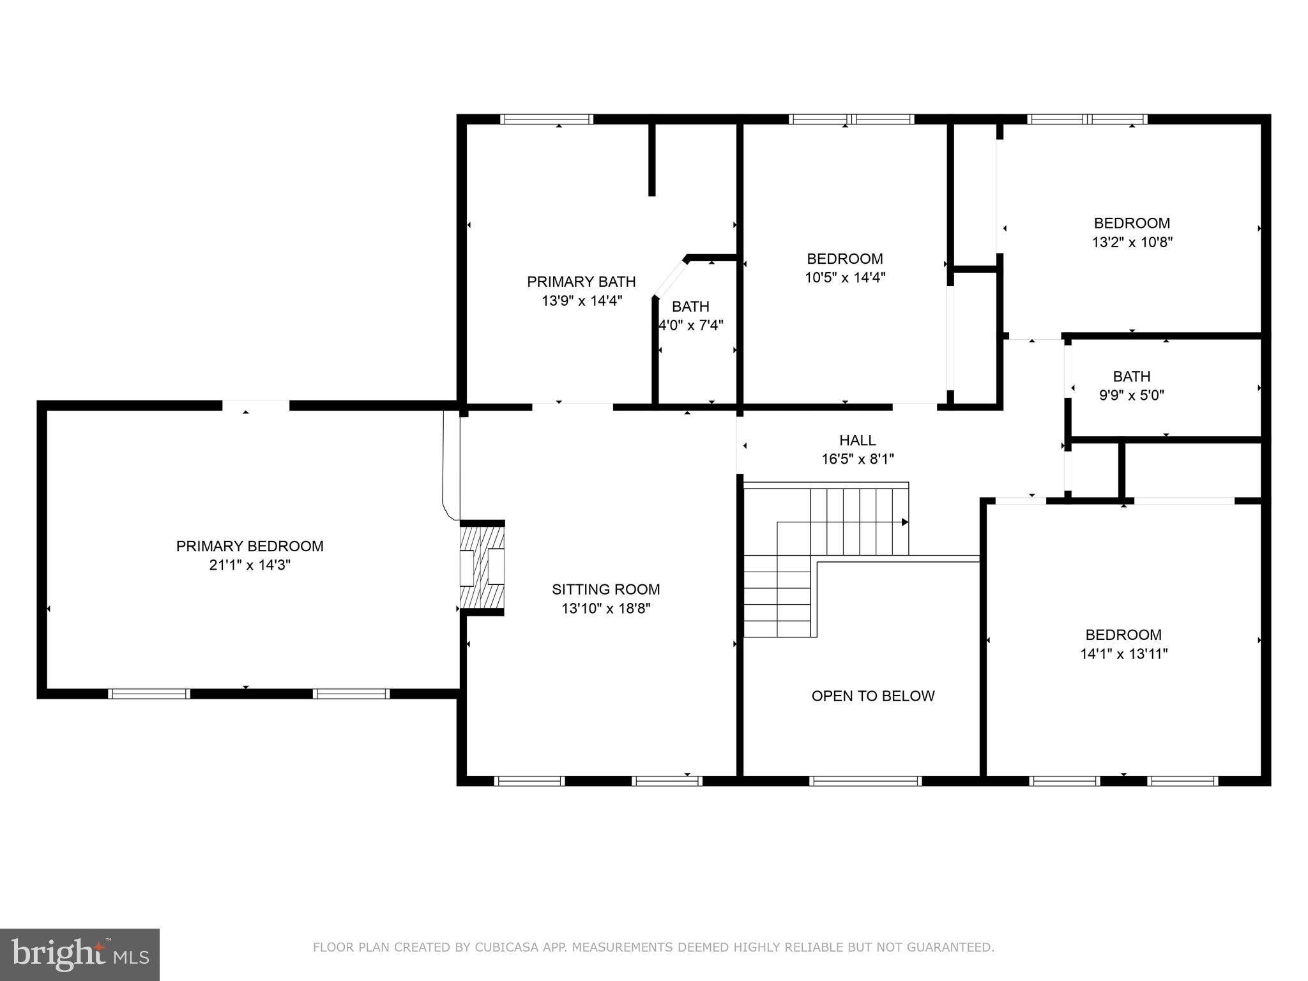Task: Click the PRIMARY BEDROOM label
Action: coord(250,546)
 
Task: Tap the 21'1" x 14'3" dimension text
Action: coord(250,565)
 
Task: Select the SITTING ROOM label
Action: coord(605,589)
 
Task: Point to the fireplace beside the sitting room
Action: coord(482,567)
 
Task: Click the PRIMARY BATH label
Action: coord(581,282)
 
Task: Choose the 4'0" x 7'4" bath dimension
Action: coord(691,325)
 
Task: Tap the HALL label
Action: coord(857,440)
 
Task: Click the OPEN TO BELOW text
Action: coord(872,696)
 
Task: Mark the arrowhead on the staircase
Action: coord(904,522)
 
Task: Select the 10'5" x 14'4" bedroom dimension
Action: coord(844,278)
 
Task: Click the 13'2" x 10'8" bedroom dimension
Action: coord(1132,243)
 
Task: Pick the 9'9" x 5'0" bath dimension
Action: coord(1131,395)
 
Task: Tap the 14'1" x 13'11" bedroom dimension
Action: coord(1123,654)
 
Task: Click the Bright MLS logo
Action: coord(79,954)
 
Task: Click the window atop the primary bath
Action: coord(546,119)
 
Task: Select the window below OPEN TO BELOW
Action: coord(865,780)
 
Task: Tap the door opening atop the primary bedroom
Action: coord(255,405)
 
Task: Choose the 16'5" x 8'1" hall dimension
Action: coord(857,459)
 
